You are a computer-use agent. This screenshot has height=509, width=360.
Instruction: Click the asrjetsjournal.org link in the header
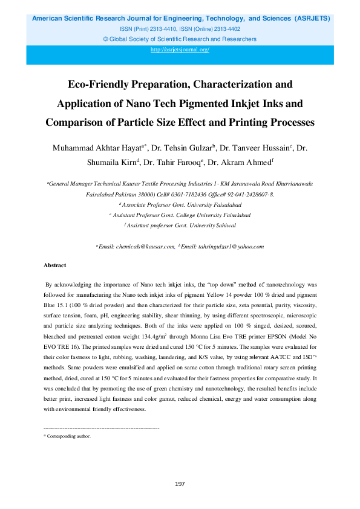[180, 50]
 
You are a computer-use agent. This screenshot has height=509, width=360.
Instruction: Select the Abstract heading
[54, 265]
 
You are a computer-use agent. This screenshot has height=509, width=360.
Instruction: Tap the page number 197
[180, 484]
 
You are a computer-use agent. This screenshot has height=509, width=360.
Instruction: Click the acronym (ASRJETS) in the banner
[312, 19]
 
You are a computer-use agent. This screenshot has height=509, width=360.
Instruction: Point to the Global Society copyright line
[180, 39]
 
